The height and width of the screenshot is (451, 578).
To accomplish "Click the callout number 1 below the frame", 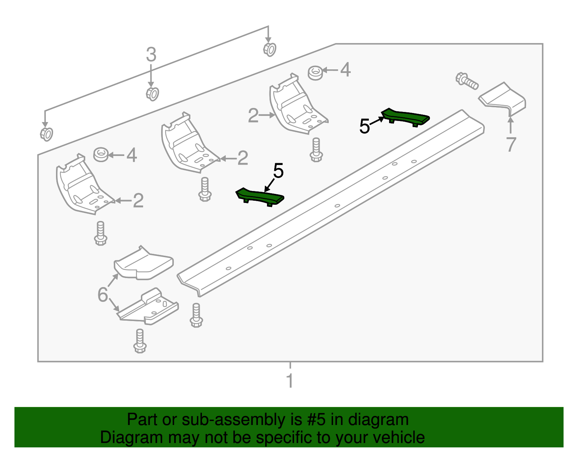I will (289, 381).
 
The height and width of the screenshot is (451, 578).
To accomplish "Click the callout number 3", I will (151, 55).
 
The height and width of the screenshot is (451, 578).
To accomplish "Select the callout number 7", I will (510, 145).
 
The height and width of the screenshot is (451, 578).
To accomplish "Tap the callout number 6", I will (103, 295).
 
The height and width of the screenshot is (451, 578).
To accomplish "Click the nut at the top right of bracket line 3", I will (269, 49).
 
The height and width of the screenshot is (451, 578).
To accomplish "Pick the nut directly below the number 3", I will (152, 94).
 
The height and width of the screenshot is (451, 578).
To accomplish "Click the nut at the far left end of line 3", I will (46, 134).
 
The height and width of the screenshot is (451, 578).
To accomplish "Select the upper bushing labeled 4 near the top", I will (315, 73).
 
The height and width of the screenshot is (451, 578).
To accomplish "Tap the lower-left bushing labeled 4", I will (101, 155).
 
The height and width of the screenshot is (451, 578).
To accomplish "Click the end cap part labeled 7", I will (503, 97).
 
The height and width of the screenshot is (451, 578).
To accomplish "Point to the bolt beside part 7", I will (467, 81).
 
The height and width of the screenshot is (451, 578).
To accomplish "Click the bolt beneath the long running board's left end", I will (196, 315).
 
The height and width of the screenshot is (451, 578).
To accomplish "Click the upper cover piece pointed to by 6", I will (143, 264).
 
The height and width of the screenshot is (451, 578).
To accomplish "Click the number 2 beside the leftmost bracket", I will (138, 200).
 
